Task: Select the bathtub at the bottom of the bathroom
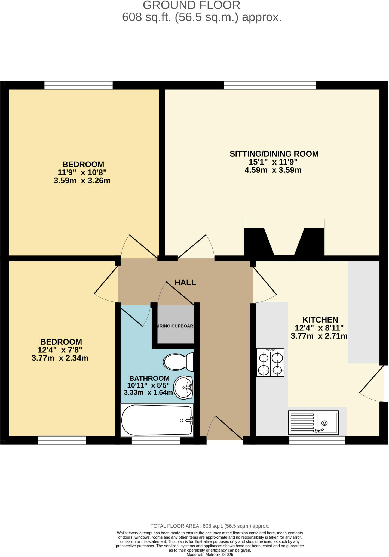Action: point(157,420)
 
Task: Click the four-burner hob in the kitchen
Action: point(270,363)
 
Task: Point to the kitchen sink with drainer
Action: point(313,423)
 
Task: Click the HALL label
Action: point(185,283)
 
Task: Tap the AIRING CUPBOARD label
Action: point(176,326)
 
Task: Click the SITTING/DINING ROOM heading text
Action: point(274,154)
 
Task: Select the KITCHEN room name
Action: point(320,320)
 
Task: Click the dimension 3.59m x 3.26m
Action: point(82,181)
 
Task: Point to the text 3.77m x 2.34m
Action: point(60,358)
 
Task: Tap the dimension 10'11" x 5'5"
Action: point(148,385)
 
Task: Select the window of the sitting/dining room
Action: point(269,85)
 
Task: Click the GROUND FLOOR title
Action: point(191,5)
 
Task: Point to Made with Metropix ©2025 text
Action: point(210,555)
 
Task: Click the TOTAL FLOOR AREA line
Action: point(210,526)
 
